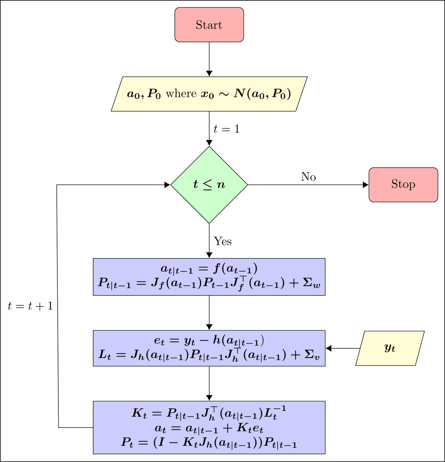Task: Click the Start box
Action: click(x=209, y=25)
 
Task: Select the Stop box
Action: click(x=403, y=185)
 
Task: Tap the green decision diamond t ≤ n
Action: click(x=209, y=185)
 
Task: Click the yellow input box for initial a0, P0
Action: click(x=209, y=94)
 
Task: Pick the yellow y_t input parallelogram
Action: click(x=390, y=348)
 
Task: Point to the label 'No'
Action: click(x=308, y=177)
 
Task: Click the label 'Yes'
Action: click(x=222, y=242)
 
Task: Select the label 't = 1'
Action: click(x=226, y=129)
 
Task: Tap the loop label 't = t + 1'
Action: click(x=30, y=306)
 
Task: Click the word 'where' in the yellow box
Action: click(x=181, y=94)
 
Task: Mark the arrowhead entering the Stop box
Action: click(x=366, y=185)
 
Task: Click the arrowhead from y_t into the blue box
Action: click(x=329, y=348)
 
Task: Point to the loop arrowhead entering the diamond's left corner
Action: click(x=167, y=185)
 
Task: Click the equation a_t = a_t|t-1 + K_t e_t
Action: click(x=209, y=428)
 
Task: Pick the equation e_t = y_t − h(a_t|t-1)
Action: click(x=209, y=340)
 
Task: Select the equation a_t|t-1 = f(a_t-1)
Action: click(x=209, y=268)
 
